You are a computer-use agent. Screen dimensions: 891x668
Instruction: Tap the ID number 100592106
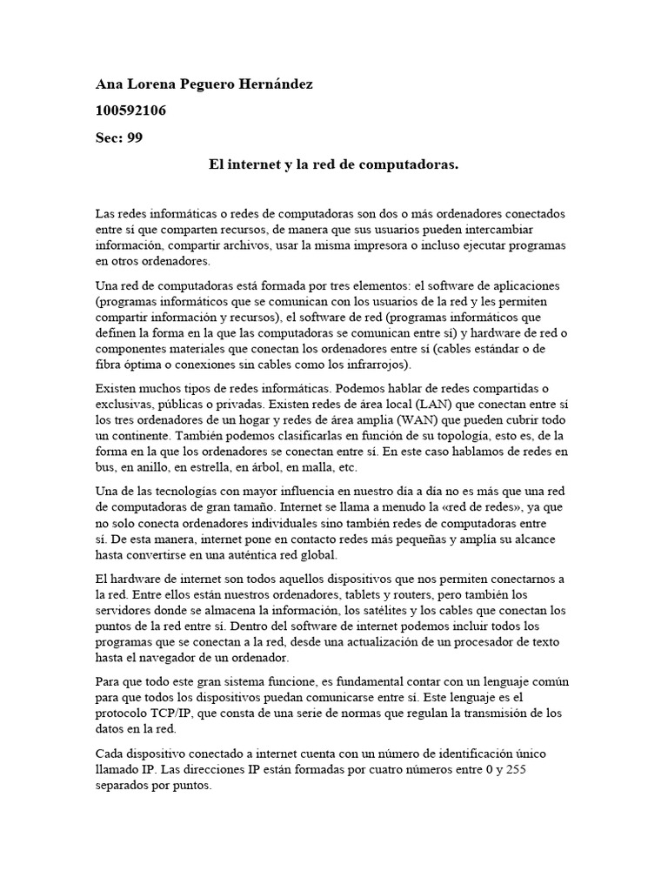pos(130,111)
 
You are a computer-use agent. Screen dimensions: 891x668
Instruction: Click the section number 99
pos(134,137)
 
